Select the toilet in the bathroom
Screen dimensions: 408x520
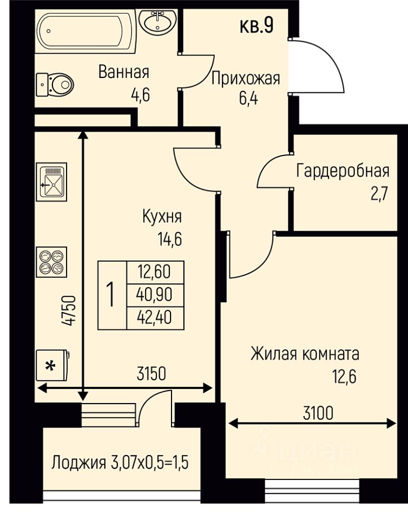[x=54, y=84]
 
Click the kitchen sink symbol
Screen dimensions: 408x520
[x=51, y=182]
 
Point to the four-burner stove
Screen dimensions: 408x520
[x=51, y=262]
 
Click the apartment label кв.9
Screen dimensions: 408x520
[x=256, y=26]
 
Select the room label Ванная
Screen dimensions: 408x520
[x=124, y=72]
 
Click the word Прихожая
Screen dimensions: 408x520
[x=246, y=79]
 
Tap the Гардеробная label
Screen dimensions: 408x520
[x=343, y=171]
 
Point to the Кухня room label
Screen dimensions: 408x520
[x=162, y=217]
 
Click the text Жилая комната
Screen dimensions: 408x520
[x=305, y=354]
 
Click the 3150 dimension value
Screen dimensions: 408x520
[x=152, y=374]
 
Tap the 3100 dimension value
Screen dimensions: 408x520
[x=318, y=413]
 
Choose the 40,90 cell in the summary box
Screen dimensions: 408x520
[x=155, y=295]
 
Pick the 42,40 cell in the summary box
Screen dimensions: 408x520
[x=155, y=318]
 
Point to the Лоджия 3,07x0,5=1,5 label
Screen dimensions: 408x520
[x=120, y=463]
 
